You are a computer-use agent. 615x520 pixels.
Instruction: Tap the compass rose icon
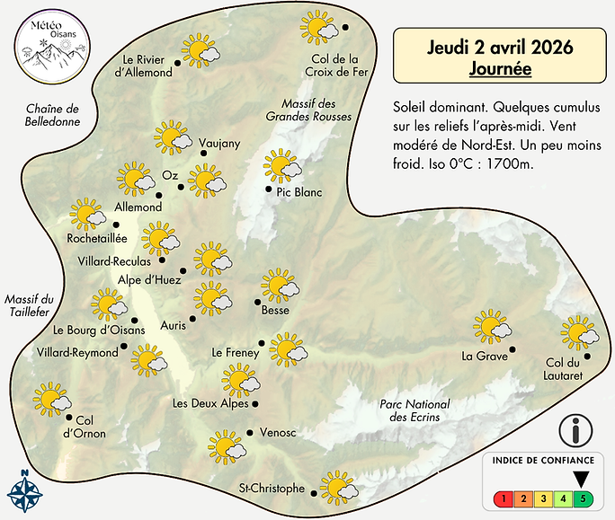tap(25, 491)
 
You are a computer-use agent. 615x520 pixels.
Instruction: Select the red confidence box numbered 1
tap(507, 498)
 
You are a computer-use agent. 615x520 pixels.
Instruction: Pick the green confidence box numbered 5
tap(584, 498)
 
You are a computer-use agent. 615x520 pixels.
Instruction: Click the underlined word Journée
tap(500, 67)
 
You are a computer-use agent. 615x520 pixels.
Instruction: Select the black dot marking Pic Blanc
tap(267, 189)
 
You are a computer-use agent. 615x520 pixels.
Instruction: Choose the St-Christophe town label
tap(272, 489)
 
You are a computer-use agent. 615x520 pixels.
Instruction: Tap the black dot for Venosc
tap(248, 432)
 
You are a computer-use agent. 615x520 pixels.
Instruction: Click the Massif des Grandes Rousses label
tap(308, 109)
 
